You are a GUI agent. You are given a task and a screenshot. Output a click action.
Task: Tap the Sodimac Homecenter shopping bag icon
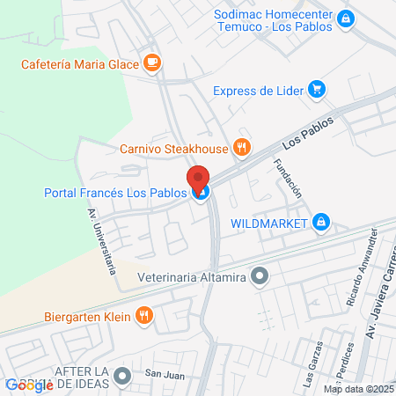click(347, 18)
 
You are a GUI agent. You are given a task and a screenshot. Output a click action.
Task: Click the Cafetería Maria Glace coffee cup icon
click(152, 62)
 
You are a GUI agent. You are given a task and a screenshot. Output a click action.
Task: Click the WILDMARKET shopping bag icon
click(322, 223)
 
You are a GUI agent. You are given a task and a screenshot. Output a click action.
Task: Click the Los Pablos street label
click(309, 131)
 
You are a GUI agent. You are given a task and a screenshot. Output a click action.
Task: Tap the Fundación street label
click(288, 178)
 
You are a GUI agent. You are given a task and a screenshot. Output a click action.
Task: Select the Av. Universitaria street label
click(103, 241)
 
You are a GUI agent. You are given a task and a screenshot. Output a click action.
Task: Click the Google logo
click(29, 385)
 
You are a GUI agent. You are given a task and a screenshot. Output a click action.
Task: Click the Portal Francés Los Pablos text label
click(115, 194)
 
